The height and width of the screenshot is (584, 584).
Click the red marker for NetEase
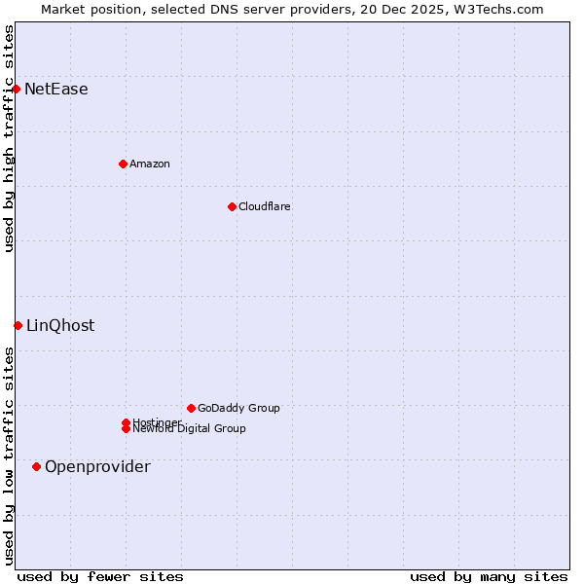coord(17,89)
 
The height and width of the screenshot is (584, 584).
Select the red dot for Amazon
coord(123,164)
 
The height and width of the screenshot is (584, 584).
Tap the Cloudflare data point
coord(232,206)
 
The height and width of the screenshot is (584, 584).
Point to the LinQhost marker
coord(18,325)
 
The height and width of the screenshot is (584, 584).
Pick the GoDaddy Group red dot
coord(191,408)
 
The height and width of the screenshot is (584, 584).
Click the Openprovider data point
coord(37,466)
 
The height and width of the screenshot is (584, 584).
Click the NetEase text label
coord(56,90)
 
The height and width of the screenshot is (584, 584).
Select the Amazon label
coord(150,164)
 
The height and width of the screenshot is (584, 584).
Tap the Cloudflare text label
coord(265,206)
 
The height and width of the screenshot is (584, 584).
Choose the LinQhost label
coord(60,326)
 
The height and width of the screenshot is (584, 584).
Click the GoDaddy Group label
coord(238,408)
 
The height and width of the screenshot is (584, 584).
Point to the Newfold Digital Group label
coord(189,429)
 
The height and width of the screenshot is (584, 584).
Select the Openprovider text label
coord(97,467)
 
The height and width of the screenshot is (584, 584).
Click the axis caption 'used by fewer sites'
coord(100,576)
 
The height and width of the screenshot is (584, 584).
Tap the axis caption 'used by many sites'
coord(489,576)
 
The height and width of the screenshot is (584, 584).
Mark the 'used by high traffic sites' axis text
coord(9,138)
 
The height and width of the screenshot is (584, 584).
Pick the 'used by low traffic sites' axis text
coord(9,456)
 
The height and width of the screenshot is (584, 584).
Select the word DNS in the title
coord(226,9)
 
